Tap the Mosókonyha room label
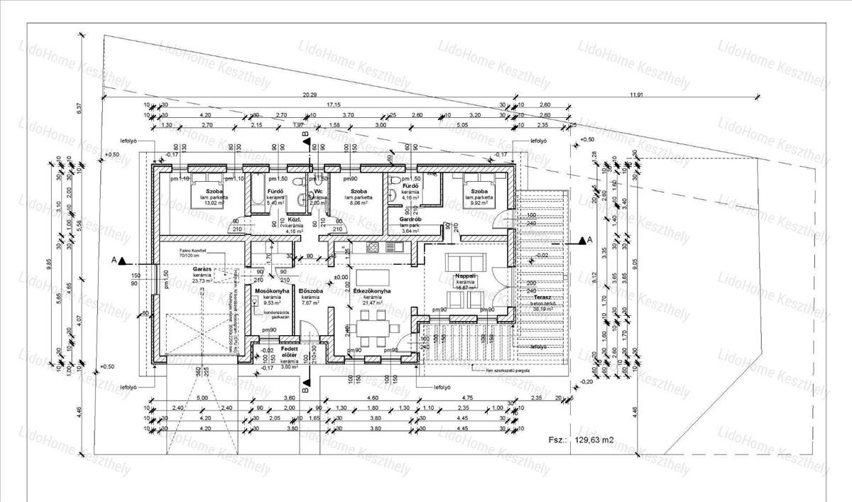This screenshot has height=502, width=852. point(271,291)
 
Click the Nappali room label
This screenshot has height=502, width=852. point(465,275)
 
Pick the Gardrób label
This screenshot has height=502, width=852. point(412,219)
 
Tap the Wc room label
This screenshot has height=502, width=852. point(319,191)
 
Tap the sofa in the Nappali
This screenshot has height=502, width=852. point(464,259)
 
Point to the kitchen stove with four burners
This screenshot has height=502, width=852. point(373,247)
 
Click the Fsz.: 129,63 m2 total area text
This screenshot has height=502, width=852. point(581,440)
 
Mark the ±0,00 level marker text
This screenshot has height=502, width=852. point(341,277)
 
